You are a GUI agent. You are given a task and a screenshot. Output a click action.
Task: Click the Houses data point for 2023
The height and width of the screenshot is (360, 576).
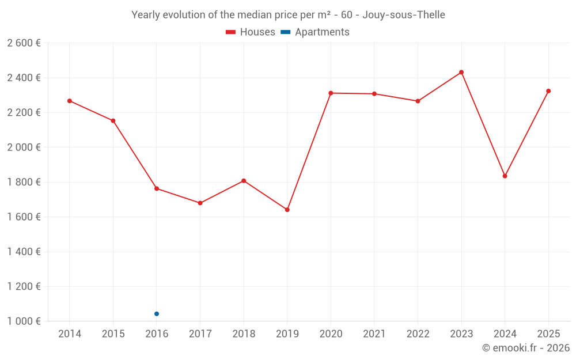461,72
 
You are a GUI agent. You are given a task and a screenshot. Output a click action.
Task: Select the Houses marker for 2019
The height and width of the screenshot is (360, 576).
287,210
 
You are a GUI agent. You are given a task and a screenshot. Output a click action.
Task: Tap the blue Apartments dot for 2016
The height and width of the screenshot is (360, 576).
157,314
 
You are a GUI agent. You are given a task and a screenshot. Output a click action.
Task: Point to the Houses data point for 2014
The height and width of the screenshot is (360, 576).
70,101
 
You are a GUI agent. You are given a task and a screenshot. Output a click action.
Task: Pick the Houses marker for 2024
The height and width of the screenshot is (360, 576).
505,176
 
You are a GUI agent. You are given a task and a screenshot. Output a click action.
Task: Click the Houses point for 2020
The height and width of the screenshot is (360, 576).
331,93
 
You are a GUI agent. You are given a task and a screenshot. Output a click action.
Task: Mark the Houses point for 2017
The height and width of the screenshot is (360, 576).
200,203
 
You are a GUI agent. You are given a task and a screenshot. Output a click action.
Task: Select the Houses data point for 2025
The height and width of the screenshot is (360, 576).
548,91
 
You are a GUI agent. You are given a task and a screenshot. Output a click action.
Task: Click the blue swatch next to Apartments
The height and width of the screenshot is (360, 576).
285,32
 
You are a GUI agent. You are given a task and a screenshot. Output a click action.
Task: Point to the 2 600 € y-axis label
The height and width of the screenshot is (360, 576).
24,43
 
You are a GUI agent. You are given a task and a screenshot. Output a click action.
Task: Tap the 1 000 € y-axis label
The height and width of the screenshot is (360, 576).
24,321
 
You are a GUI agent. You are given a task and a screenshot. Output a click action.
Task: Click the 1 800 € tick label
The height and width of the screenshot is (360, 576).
24,182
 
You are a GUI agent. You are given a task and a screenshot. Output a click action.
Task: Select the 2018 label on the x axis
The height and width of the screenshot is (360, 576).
244,334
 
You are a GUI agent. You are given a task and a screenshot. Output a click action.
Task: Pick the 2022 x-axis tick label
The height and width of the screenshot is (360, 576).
418,334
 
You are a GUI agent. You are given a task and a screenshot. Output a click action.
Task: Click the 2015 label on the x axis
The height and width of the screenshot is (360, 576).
113,334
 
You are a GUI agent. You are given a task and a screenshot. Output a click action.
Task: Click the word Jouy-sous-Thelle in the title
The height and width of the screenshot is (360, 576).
403,15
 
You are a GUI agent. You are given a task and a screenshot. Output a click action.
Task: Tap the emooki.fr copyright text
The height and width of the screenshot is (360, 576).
525,348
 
